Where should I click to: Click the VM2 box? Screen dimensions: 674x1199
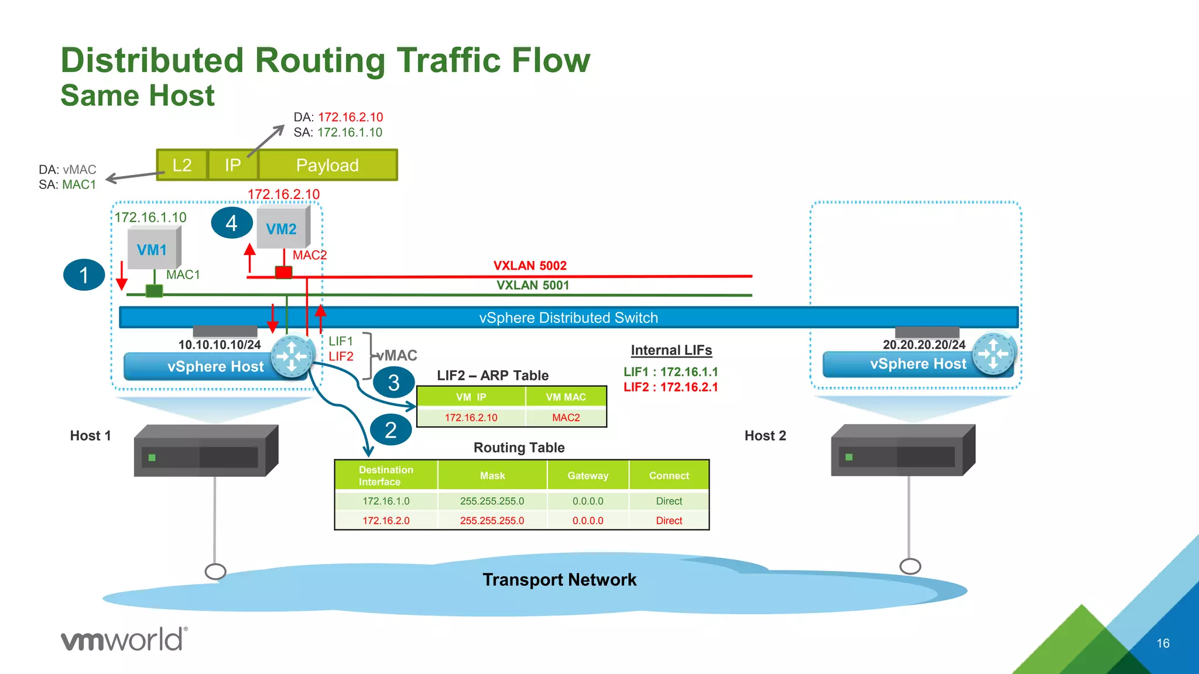point(282,229)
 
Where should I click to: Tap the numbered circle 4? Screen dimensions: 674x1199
point(231,223)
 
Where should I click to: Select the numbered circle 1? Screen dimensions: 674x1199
point(84,275)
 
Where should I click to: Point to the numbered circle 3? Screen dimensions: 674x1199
point(393,383)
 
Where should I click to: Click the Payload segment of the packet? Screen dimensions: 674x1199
point(327,166)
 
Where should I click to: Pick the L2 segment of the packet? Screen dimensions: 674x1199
point(182,166)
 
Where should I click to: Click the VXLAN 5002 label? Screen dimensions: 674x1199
point(530,266)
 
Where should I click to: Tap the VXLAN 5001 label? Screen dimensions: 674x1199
point(533,286)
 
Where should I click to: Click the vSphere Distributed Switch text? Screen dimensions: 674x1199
point(568,318)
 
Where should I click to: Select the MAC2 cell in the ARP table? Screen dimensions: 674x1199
point(566,418)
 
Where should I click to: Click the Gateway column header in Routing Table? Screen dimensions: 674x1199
point(588,476)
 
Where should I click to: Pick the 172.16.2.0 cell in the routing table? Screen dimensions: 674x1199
point(386,521)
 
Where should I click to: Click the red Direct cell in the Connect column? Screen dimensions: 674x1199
point(669,521)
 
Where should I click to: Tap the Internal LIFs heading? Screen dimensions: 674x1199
point(671,350)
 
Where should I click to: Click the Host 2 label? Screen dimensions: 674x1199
point(765,436)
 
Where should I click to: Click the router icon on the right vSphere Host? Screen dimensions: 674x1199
point(993,354)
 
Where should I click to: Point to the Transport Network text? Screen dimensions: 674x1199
point(559,580)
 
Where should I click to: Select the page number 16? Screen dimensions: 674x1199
point(1163,644)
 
